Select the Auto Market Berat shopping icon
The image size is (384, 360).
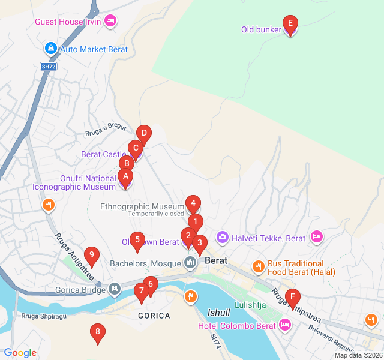click(51, 49)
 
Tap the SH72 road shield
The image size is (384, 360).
click(49, 67)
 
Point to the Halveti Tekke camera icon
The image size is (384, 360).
click(223, 238)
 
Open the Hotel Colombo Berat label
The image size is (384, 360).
click(238, 326)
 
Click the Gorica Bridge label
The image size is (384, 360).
click(80, 289)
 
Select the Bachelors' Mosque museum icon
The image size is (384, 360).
click(191, 263)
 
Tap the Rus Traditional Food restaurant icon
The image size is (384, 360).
click(258, 266)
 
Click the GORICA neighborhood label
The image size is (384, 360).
click(154, 315)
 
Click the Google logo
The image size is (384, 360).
click(20, 353)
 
